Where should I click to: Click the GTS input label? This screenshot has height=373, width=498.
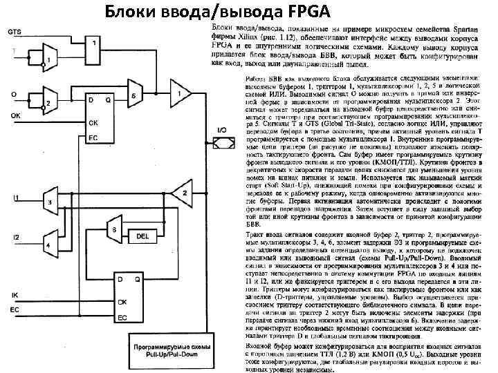pyautogui.click(x=14, y=32)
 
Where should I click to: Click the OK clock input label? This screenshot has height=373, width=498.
pyautogui.click(x=15, y=115)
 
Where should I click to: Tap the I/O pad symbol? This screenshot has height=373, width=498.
pyautogui.click(x=222, y=142)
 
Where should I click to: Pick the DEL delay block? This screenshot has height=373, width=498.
pyautogui.click(x=142, y=236)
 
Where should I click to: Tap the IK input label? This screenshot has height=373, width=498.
pyautogui.click(x=15, y=296)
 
